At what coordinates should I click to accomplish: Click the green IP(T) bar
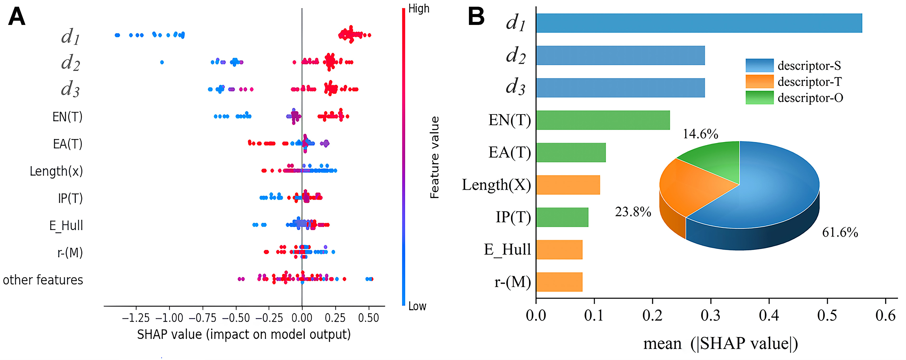pos(562,217)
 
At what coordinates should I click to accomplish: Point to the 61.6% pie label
pos(840,233)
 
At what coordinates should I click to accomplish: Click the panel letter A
pos(16,17)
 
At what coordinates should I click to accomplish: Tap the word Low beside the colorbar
pos(417,306)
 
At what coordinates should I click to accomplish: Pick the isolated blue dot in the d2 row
pos(162,62)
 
